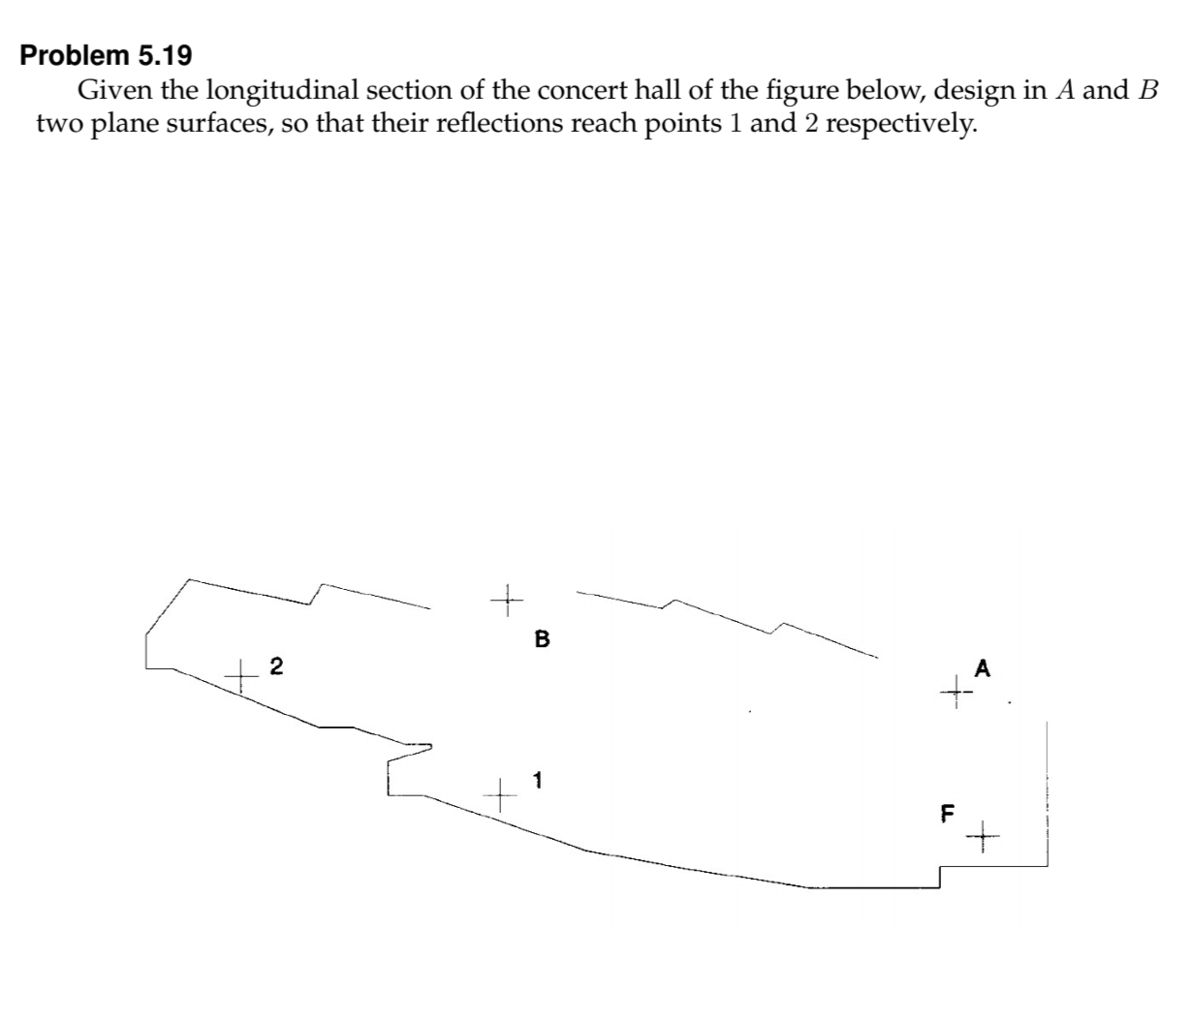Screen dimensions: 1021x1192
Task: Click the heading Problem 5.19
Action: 106,55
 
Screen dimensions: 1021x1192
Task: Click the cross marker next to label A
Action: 956,692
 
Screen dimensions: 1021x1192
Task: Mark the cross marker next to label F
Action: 982,834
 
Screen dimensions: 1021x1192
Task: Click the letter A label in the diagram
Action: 984,667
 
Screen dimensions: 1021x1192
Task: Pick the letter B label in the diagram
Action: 542,639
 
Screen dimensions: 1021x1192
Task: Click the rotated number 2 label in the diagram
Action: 277,665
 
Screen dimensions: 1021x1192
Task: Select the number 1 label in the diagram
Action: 538,779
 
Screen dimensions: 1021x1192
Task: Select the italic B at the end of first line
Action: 1148,91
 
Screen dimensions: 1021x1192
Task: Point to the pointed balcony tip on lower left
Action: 430,746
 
